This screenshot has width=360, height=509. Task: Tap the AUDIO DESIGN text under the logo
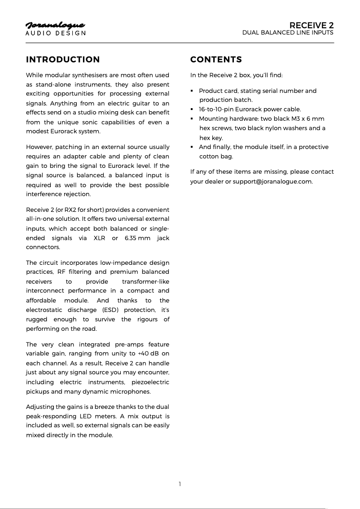pyautogui.click(x=55, y=33)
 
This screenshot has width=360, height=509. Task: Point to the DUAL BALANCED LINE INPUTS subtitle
pyautogui.click(x=288, y=33)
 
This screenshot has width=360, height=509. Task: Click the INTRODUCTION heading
pyautogui.click(x=63, y=60)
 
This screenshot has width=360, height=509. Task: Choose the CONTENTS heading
pyautogui.click(x=216, y=60)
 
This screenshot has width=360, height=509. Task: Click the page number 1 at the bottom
pyautogui.click(x=180, y=484)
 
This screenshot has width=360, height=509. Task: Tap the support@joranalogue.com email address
pyautogui.click(x=272, y=181)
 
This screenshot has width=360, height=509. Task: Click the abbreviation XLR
pyautogui.click(x=99, y=238)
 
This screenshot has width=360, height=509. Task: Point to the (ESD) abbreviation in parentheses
pyautogui.click(x=110, y=310)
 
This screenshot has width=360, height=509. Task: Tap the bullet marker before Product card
pyautogui.click(x=192, y=91)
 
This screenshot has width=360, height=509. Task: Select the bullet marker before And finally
pyautogui.click(x=192, y=147)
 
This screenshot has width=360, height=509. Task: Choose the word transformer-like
pyautogui.click(x=145, y=281)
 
